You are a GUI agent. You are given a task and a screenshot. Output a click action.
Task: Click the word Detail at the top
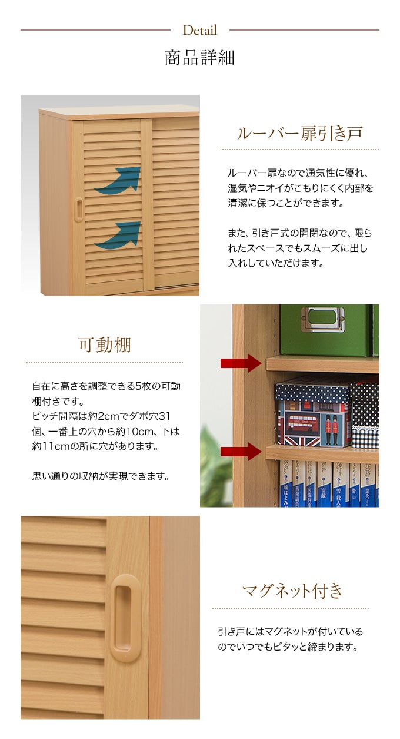click(199, 31)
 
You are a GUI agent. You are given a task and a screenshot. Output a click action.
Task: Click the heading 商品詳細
click(199, 58)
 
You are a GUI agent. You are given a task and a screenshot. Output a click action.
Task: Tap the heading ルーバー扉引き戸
click(300, 134)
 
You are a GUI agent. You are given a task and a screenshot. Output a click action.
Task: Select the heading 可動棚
click(105, 345)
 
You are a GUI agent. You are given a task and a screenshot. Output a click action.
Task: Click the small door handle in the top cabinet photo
click(79, 209)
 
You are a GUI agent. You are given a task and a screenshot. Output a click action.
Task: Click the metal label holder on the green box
click(323, 319)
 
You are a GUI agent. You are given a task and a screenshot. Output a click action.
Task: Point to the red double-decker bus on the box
click(302, 424)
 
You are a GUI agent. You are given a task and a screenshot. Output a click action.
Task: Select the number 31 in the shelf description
click(165, 416)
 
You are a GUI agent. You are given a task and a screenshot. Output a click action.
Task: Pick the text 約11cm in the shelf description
click(50, 446)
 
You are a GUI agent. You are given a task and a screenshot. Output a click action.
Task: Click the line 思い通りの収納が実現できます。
click(101, 476)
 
